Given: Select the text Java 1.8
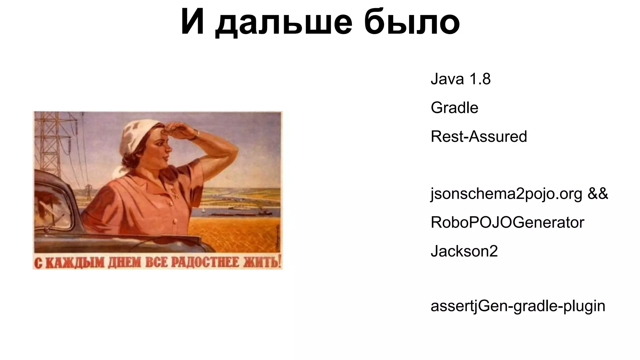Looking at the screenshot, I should (460, 79).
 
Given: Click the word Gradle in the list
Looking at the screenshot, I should (454, 108).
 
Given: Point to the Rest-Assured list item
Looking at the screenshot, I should (478, 137).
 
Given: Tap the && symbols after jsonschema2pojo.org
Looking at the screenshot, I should (598, 194).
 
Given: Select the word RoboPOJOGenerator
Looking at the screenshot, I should (507, 222).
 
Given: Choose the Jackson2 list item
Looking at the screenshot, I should (464, 251).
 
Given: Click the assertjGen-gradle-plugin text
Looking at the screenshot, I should (518, 306).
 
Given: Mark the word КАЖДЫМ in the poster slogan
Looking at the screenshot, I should (74, 262).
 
